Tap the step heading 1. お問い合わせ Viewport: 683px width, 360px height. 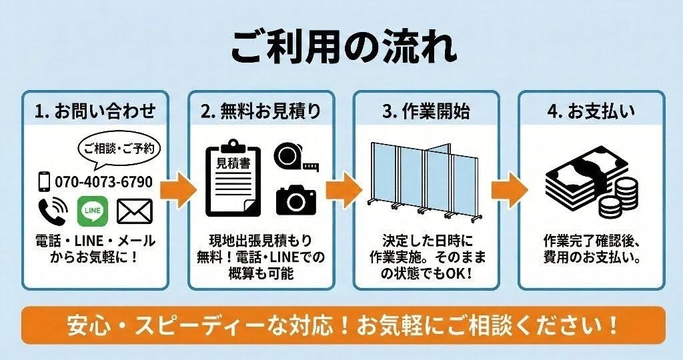click(x=95, y=111)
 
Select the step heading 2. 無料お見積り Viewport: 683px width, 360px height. click(x=260, y=111)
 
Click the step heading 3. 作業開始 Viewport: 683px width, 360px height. click(x=426, y=111)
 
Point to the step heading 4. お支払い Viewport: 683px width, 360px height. click(x=591, y=111)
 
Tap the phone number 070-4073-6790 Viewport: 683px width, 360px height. click(x=103, y=181)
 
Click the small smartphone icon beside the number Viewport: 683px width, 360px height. click(x=45, y=181)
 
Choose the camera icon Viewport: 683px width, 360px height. click(x=295, y=198)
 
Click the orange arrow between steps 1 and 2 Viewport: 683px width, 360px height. click(x=178, y=189)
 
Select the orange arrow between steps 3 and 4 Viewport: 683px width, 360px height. click(x=509, y=189)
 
